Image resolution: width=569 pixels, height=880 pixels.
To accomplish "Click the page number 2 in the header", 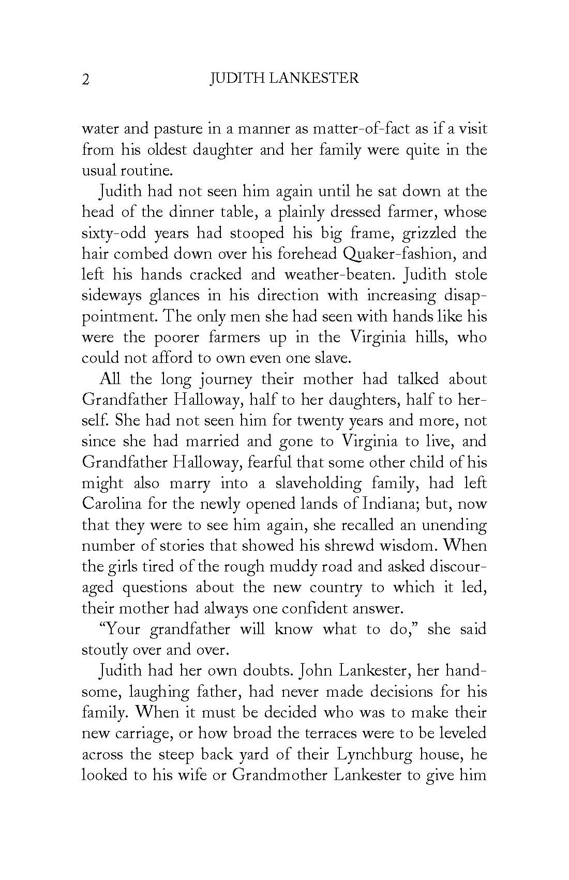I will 86,79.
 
